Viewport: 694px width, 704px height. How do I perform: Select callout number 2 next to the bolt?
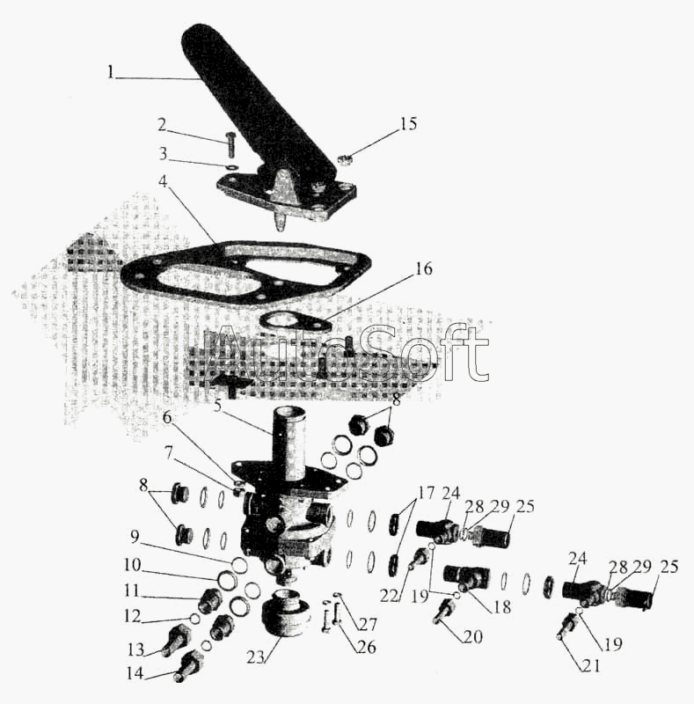[x=162, y=123]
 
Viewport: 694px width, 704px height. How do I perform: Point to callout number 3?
[x=162, y=154]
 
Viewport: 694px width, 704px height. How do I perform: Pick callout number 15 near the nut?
[x=408, y=124]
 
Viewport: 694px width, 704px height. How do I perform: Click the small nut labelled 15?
[x=346, y=160]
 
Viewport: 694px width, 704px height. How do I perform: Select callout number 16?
[x=423, y=270]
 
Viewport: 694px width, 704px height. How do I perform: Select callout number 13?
[x=135, y=649]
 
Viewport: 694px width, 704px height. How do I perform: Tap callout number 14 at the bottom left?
[x=135, y=675]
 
